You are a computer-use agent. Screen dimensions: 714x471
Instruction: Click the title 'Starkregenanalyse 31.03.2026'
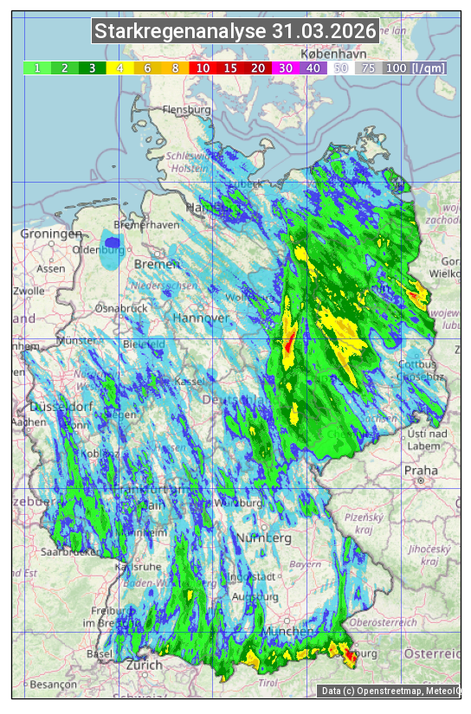pos(235,32)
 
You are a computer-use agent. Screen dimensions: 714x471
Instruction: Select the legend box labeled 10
pos(202,68)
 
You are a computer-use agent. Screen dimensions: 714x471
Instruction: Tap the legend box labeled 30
pos(285,68)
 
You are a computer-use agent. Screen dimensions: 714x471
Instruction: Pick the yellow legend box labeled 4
pos(119,68)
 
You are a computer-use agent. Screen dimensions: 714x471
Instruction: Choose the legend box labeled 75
pos(368,68)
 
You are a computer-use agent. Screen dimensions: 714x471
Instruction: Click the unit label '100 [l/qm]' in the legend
pos(415,68)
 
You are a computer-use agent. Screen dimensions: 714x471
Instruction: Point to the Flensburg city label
pos(186,111)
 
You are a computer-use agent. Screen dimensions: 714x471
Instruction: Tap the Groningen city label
pos(51,234)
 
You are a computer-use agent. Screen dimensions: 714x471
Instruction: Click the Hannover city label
pos(201,318)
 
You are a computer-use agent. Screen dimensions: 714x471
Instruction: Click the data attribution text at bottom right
pos(390,691)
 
